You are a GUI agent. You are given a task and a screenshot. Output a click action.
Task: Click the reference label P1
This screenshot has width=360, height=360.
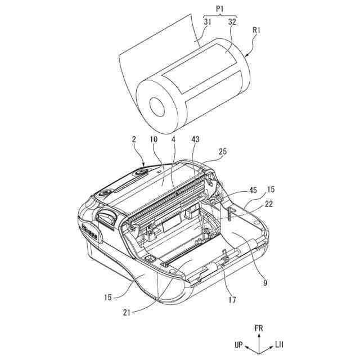(x=220, y=9)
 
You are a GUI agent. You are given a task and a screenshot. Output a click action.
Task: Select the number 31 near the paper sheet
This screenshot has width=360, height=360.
(x=208, y=22)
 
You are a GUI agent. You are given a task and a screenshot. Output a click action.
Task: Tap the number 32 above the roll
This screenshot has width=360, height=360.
(x=232, y=22)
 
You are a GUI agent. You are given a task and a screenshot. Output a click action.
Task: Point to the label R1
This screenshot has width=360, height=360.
(x=256, y=30)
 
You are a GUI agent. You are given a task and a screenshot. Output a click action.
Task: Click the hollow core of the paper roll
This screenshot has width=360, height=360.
(x=157, y=106)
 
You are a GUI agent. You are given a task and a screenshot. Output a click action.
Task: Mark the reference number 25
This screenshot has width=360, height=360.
(x=222, y=151)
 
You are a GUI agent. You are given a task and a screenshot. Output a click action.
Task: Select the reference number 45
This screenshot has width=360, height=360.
(x=253, y=190)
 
